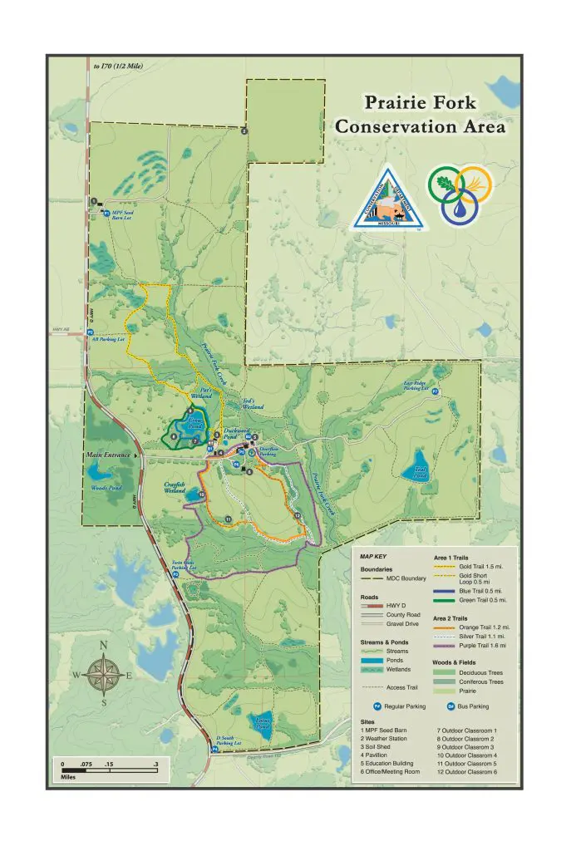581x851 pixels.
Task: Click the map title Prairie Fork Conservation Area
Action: click(x=420, y=115)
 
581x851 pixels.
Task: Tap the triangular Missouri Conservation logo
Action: click(x=389, y=199)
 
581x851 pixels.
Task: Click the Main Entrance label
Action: click(x=109, y=455)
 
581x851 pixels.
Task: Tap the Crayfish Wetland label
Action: click(x=174, y=488)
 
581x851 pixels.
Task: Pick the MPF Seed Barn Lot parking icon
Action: click(x=105, y=212)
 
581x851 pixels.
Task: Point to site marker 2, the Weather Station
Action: click(x=244, y=130)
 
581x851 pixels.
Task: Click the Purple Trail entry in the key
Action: click(x=470, y=646)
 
